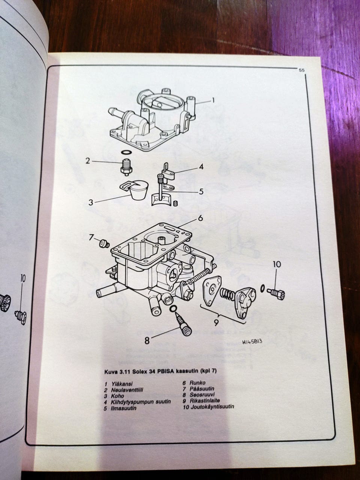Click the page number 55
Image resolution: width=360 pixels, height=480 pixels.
point(301,70)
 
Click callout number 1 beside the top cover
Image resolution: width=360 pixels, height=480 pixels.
point(213,100)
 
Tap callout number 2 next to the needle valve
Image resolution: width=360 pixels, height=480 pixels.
point(87,161)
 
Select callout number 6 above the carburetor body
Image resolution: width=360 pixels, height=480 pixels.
point(201,218)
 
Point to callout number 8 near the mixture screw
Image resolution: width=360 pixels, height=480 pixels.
point(147,340)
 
